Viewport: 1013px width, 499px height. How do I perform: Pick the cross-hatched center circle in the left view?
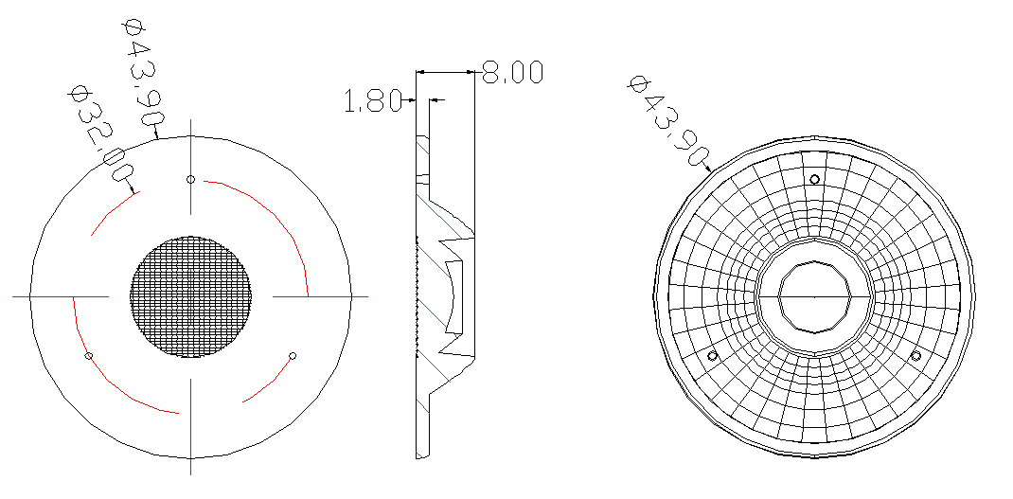click(190, 296)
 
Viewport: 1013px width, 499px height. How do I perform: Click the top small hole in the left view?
click(190, 179)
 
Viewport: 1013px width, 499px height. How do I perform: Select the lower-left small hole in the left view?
click(89, 356)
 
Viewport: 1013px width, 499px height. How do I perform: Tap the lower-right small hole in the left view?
click(293, 355)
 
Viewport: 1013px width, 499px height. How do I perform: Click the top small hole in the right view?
click(815, 179)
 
